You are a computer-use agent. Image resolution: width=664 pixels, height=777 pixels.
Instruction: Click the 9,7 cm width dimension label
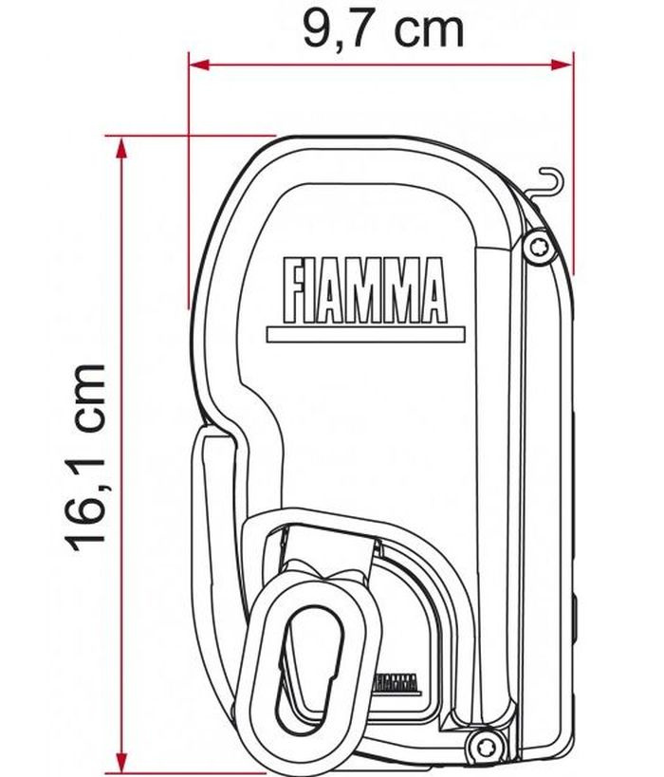point(383,30)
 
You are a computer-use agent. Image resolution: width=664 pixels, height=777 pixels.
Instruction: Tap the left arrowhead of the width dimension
point(199,65)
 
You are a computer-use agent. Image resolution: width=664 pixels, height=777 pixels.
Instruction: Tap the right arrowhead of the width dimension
point(563,65)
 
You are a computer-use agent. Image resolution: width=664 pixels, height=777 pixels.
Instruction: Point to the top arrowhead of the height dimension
point(121,148)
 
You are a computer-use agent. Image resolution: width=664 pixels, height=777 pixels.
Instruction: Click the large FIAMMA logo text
point(365,291)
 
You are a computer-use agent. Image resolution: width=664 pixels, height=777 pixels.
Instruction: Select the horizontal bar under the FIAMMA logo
point(366,335)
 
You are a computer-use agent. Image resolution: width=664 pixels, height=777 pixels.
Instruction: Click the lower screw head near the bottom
point(481,745)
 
